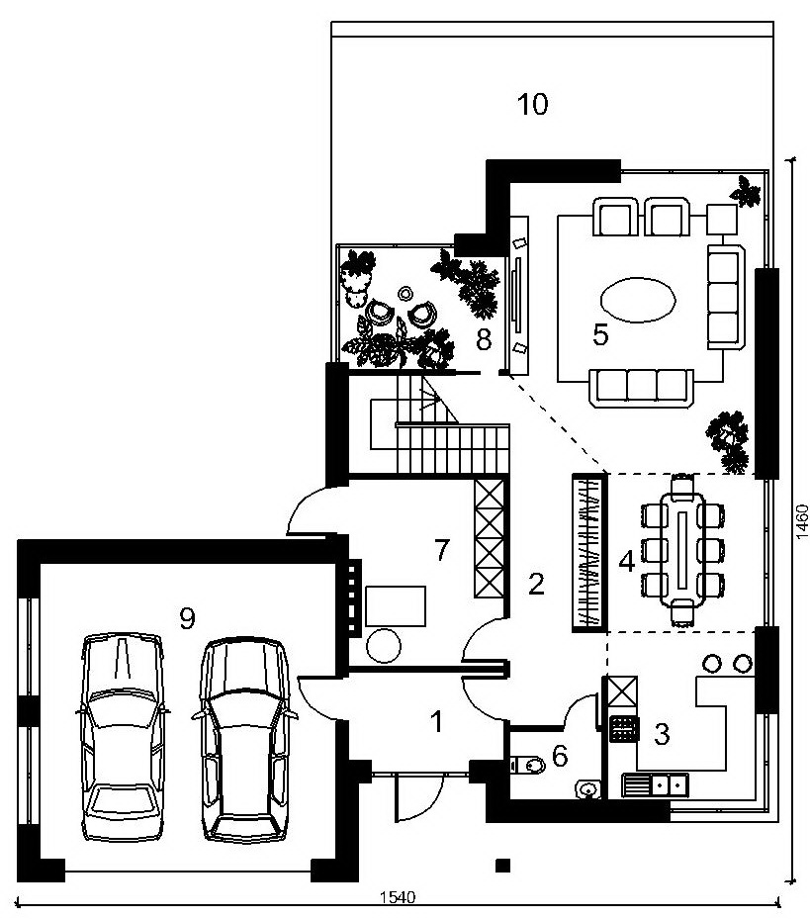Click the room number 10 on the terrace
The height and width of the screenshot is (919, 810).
click(x=532, y=104)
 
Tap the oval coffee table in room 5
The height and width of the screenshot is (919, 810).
click(x=639, y=299)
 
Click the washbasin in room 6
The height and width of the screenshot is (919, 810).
click(x=586, y=789)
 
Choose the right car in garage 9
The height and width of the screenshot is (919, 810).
click(x=245, y=740)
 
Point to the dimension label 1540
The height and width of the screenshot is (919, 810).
click(x=398, y=897)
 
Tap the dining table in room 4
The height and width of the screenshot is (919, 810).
click(x=682, y=550)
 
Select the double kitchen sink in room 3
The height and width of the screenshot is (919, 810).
click(x=656, y=783)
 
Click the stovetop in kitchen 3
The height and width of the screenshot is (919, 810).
click(x=624, y=730)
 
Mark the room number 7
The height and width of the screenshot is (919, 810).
click(x=441, y=550)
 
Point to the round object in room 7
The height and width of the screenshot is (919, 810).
click(x=384, y=645)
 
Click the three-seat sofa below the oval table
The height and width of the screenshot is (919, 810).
click(x=641, y=387)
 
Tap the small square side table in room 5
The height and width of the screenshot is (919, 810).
click(x=722, y=220)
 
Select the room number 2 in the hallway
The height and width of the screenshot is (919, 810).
click(x=536, y=584)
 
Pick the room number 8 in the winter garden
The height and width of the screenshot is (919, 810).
click(x=484, y=339)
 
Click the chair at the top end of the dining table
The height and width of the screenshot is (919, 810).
click(x=682, y=486)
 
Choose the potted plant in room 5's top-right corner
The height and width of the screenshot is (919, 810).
click(x=745, y=191)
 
